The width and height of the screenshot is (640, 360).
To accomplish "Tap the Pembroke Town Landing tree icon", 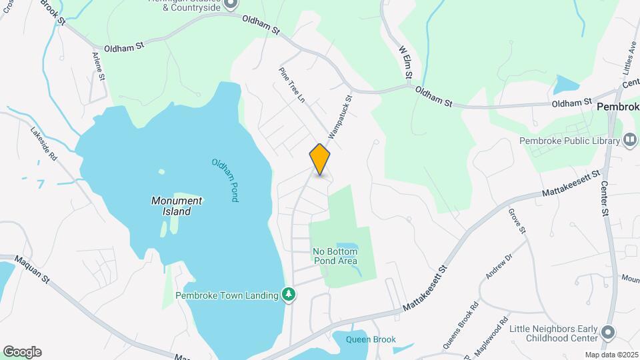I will [289, 295].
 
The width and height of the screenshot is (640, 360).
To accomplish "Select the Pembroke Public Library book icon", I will [630, 140].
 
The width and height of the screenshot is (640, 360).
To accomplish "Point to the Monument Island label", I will [176, 206].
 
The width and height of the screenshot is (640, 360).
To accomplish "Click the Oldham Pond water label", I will [225, 180].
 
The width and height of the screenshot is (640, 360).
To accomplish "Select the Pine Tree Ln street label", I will [291, 85].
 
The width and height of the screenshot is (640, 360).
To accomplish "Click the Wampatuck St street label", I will [339, 117].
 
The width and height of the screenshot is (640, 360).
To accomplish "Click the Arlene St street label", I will [99, 67].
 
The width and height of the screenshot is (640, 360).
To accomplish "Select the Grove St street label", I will [517, 221].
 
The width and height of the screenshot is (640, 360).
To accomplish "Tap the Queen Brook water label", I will [371, 339].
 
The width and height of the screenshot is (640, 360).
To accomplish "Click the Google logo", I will [22, 352].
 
